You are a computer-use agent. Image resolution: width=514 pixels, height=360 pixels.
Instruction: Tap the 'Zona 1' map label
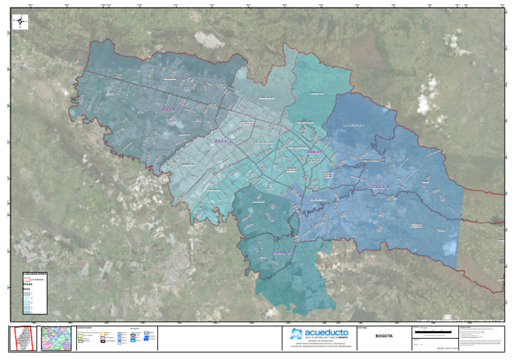tap(168, 110)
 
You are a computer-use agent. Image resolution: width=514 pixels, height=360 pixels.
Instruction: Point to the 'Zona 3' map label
tap(315, 153)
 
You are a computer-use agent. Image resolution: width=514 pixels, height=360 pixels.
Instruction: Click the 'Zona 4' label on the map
tap(381, 187)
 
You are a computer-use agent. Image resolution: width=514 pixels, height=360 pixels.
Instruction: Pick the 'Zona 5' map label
tap(282, 252)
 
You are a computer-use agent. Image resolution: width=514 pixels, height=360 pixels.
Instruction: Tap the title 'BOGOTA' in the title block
tap(384, 336)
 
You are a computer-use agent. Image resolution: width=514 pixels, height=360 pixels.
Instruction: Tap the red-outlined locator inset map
tap(23, 338)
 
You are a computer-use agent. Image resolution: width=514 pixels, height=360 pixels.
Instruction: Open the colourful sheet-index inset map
tap(56, 338)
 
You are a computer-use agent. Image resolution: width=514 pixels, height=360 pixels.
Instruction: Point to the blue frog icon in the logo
tap(296, 333)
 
